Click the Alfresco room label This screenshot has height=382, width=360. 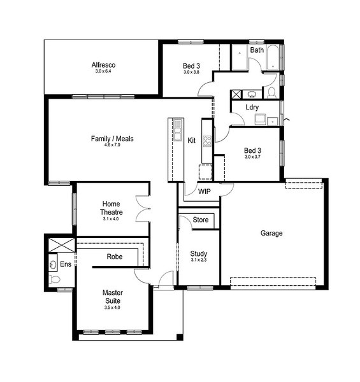tap(103, 65)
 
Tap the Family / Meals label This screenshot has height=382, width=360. tap(112, 139)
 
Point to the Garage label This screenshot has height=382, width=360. tap(271, 233)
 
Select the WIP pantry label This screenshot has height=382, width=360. tap(205, 192)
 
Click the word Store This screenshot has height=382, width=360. tap(201, 220)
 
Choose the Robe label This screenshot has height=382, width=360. tap(115, 257)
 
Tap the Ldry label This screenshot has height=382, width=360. tap(252, 107)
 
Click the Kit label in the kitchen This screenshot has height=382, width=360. tap(192, 140)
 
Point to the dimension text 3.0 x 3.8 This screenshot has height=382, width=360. tap(191, 72)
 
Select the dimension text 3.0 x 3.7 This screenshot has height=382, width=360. tap(252, 157)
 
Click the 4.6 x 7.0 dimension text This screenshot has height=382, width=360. tap(112, 145)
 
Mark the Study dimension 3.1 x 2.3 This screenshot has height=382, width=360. tap(199, 260)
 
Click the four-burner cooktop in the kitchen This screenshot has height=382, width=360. tap(207, 141)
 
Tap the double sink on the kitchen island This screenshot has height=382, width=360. tap(178, 130)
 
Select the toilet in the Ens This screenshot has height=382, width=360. tap(54, 279)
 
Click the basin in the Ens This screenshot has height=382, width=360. tap(52, 264)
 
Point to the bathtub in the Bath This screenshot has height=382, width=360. tap(273, 57)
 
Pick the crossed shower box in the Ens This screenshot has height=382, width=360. tap(62, 245)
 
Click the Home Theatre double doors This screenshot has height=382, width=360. tap(143, 209)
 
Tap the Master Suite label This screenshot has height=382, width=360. tap(113, 297)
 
